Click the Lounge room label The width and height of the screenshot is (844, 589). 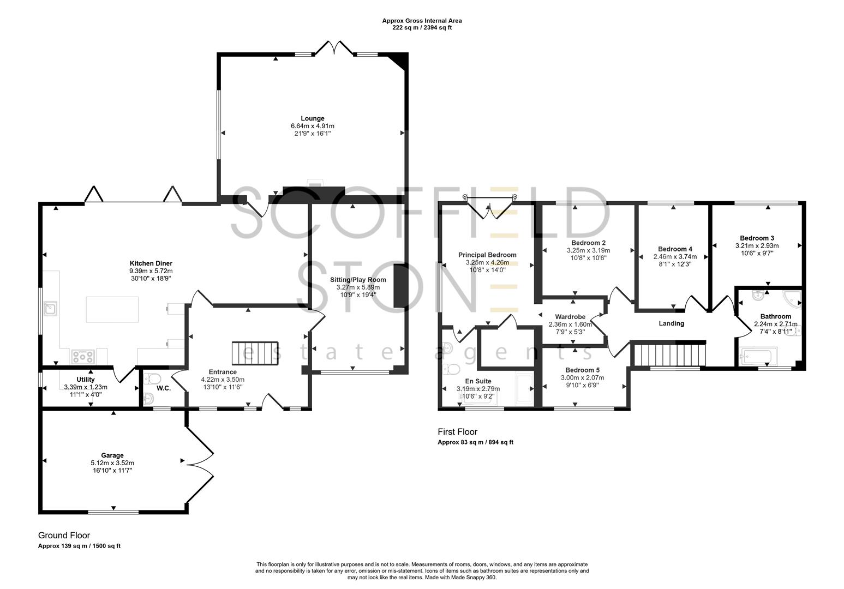tap(313, 118)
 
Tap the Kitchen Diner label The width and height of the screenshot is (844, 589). tap(151, 263)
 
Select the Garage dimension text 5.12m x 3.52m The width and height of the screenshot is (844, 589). tap(112, 463)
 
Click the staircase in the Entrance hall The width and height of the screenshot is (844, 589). tap(255, 353)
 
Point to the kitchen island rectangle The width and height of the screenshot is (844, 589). tap(112, 309)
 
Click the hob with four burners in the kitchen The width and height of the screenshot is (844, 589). tap(83, 356)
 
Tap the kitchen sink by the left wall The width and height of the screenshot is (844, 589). tap(50, 309)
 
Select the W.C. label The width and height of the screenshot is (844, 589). tap(164, 388)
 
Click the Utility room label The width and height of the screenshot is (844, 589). tap(86, 379)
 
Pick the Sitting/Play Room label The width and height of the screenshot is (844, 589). tap(358, 279)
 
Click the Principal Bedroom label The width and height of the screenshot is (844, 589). tap(487, 255)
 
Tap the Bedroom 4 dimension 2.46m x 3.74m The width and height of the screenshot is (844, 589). tap(675, 256)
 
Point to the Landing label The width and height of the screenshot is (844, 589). tap(672, 323)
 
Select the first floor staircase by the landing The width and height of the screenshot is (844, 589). tap(670, 354)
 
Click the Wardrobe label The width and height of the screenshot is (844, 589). tap(570, 317)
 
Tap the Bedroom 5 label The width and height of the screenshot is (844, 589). tap(582, 370)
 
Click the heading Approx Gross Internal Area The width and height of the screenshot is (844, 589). tap(422, 21)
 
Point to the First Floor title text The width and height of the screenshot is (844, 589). tap(457, 431)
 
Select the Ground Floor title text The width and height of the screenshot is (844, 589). tap(64, 535)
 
